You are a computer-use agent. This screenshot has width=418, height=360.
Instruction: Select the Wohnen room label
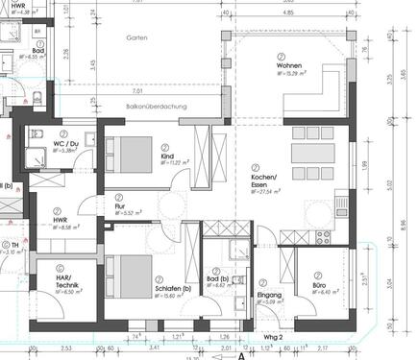(289, 67)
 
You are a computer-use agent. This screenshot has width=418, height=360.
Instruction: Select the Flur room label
(120, 205)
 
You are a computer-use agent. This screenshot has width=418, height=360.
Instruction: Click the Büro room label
(319, 286)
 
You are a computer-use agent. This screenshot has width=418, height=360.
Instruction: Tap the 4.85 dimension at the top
(289, 14)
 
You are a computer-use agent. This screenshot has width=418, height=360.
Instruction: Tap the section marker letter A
(242, 354)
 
